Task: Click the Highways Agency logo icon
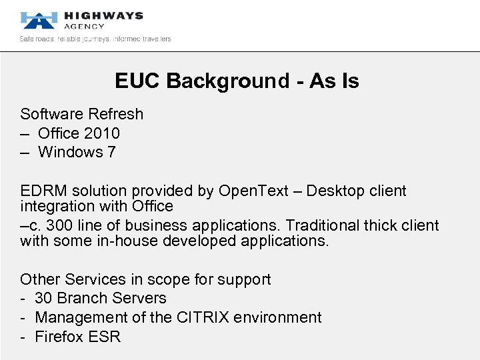pos(37,20)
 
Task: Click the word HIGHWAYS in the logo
pos(103,15)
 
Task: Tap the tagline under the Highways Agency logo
pos(95,39)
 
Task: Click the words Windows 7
pos(77,152)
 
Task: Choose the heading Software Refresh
pos(81,114)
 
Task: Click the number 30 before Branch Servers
pos(44,298)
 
